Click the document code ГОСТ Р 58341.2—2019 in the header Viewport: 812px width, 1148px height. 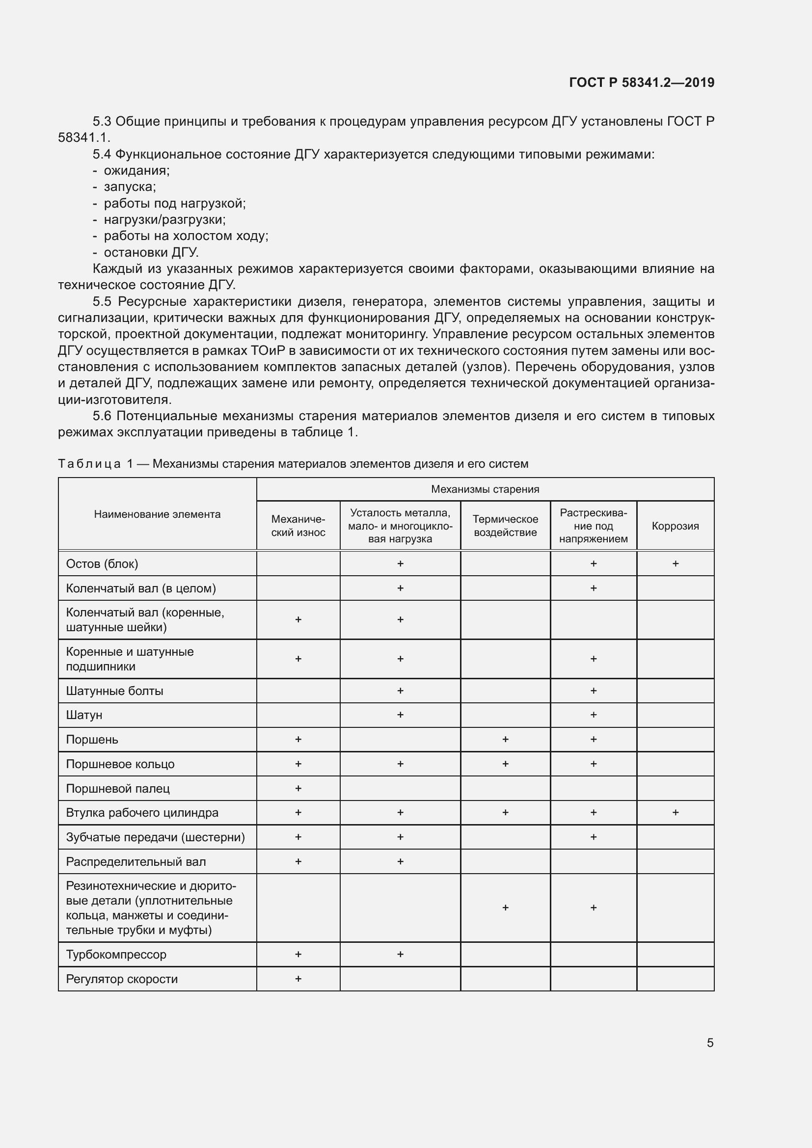pyautogui.click(x=642, y=82)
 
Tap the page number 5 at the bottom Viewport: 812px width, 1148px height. pyautogui.click(x=710, y=1042)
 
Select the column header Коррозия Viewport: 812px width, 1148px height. pyautogui.click(x=675, y=526)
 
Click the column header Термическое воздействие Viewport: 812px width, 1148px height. pyautogui.click(x=505, y=526)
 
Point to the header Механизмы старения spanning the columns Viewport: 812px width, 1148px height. pyautogui.click(x=485, y=489)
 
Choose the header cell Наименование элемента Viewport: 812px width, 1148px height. pyautogui.click(x=157, y=514)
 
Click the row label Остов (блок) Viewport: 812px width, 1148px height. pyautogui.click(x=102, y=563)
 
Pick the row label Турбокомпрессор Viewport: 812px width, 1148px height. pyautogui.click(x=116, y=954)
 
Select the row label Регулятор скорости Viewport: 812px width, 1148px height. pyautogui.click(x=121, y=979)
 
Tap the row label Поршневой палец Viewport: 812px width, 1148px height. pyautogui.click(x=117, y=789)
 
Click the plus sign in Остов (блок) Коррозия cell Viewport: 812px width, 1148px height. pyautogui.click(x=675, y=563)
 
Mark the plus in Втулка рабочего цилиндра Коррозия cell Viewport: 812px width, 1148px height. pyautogui.click(x=675, y=812)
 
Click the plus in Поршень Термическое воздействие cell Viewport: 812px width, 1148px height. pyautogui.click(x=505, y=739)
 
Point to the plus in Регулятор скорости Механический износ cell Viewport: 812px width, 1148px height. pyautogui.click(x=298, y=979)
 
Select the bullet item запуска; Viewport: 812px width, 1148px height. pyautogui.click(x=130, y=187)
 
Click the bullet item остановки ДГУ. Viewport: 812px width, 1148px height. pyautogui.click(x=151, y=252)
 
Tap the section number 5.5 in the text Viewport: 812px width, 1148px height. pyautogui.click(x=102, y=301)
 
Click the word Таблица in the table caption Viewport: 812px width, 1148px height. pyautogui.click(x=89, y=463)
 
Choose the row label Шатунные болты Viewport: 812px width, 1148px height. pyautogui.click(x=114, y=691)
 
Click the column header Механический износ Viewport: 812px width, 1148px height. pyautogui.click(x=298, y=526)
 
